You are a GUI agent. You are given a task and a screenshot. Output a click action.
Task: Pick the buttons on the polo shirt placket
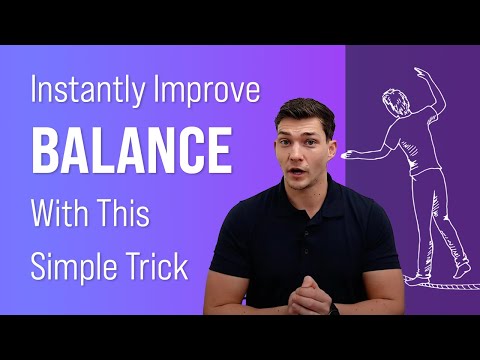tap(307, 235)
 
